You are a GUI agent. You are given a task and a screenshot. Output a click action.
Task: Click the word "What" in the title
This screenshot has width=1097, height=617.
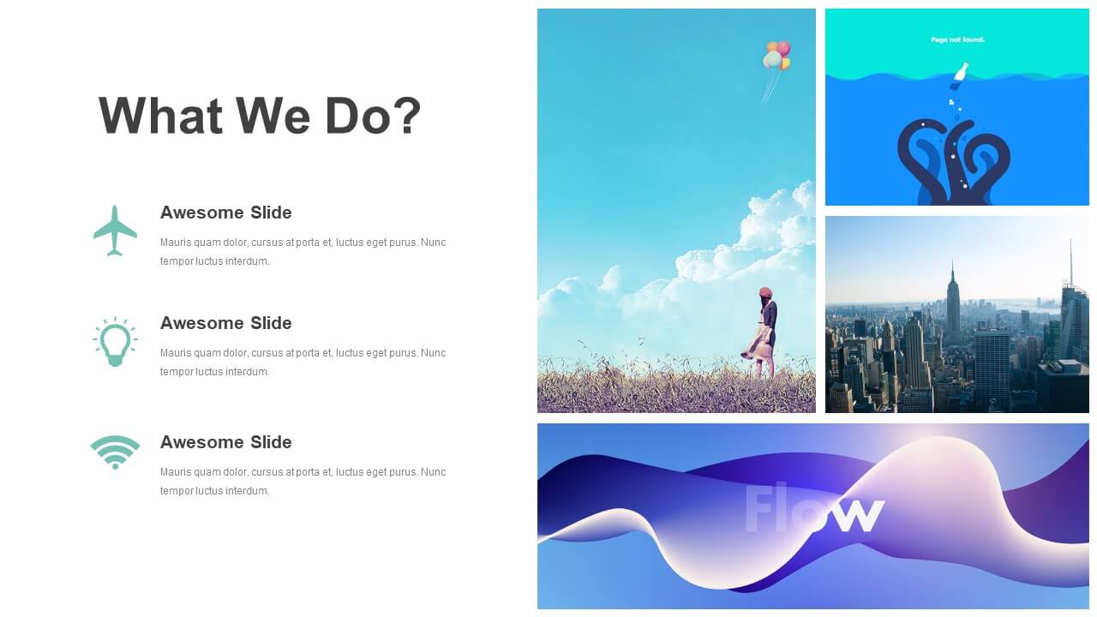(160, 116)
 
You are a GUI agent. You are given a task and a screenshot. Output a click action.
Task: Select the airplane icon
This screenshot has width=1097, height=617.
(115, 231)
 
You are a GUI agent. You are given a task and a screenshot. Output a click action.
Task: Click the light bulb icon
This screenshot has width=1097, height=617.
(115, 341)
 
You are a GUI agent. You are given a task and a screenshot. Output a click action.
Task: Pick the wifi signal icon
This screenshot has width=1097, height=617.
(115, 452)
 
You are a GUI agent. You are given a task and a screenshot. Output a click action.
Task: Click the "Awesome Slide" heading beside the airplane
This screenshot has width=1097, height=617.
(225, 213)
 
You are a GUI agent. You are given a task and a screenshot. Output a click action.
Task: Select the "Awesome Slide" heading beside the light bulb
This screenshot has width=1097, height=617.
(225, 323)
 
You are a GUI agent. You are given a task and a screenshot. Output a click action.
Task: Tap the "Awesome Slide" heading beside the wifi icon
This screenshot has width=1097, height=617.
(225, 442)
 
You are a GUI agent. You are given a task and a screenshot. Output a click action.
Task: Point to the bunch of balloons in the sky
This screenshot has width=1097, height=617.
(776, 55)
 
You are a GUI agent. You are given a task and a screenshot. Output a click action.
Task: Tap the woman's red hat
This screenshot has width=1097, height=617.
(765, 293)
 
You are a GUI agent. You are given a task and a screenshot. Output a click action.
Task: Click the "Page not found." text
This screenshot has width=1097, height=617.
(957, 39)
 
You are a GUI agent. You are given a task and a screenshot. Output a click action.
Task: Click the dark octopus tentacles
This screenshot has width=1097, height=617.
(954, 162)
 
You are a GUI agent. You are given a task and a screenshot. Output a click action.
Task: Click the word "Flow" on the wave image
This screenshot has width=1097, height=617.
(814, 508)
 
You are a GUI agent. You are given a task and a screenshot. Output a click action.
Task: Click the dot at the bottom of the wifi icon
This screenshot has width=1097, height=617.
(115, 466)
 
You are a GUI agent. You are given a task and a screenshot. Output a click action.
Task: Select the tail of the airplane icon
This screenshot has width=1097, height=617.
(115, 252)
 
